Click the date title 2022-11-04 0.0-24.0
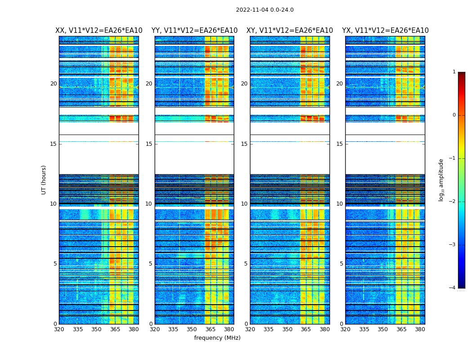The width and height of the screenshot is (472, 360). click(x=264, y=10)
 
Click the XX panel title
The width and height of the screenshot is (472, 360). click(x=99, y=31)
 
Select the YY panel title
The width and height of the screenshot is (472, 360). click(x=194, y=31)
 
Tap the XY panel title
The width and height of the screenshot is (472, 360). click(x=289, y=31)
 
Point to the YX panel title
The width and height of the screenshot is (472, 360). click(x=385, y=31)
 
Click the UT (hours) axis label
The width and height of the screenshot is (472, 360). click(x=44, y=180)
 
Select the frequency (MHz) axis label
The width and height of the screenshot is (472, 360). click(x=217, y=338)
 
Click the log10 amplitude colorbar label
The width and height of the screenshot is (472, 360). click(x=441, y=180)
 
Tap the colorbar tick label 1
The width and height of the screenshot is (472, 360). click(x=454, y=72)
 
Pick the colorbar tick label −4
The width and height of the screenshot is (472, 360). click(x=453, y=288)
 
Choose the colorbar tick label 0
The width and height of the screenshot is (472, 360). click(x=454, y=115)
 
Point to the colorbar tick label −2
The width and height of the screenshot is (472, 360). click(x=453, y=202)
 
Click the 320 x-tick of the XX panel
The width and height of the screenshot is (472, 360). click(x=59, y=329)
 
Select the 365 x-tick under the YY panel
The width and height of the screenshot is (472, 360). click(x=210, y=329)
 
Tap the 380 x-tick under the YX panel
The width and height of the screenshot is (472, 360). click(x=420, y=329)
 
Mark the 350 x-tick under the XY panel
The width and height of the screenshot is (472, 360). click(x=287, y=329)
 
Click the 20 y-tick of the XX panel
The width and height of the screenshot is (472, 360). click(x=53, y=84)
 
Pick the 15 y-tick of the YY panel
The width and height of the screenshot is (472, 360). click(x=149, y=144)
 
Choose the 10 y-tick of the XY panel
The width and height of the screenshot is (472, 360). click(x=244, y=204)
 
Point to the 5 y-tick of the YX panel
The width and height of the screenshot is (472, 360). click(x=341, y=264)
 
